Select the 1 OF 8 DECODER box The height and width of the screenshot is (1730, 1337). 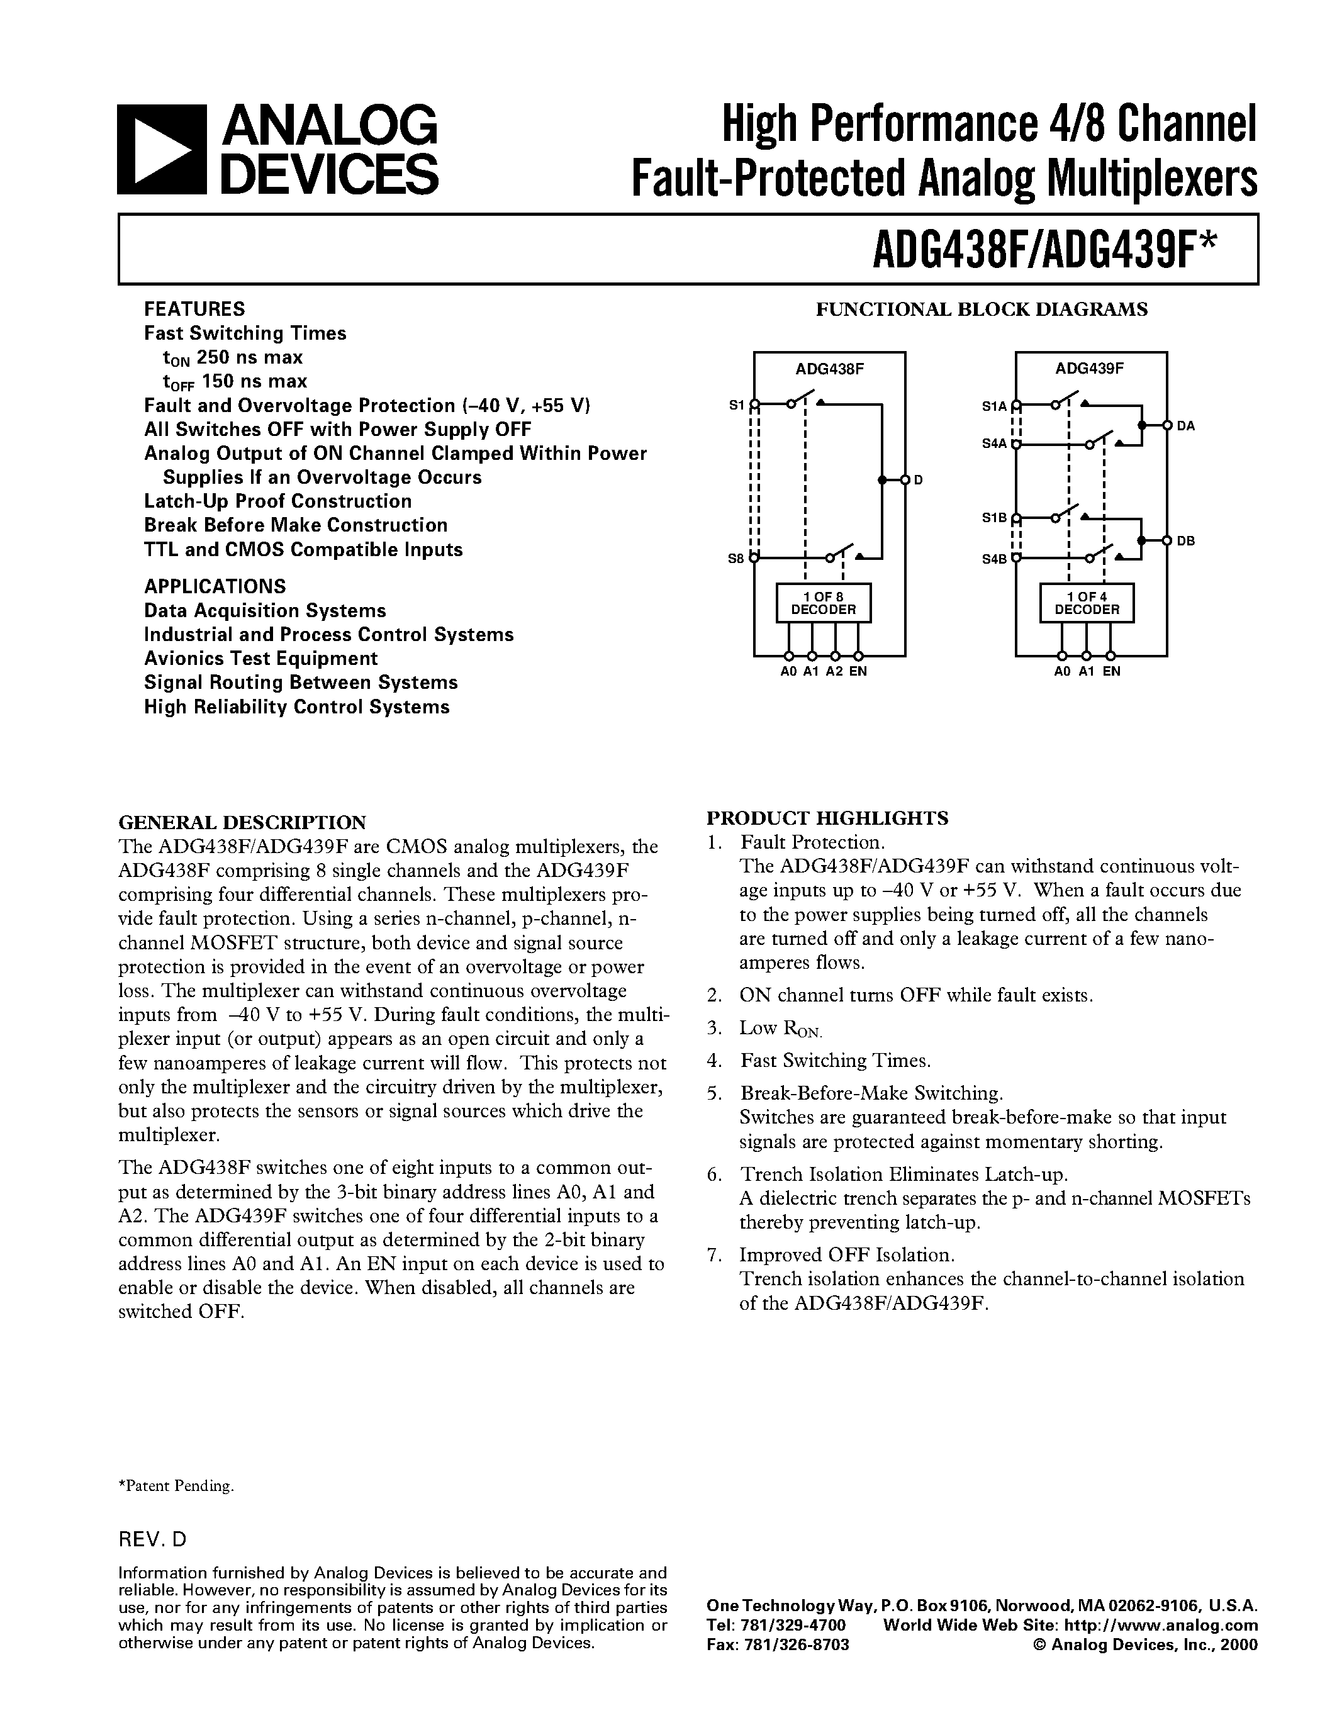click(823, 603)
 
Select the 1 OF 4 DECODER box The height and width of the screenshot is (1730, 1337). click(1086, 603)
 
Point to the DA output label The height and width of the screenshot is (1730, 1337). click(1186, 425)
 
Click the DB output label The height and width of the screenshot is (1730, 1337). click(1186, 541)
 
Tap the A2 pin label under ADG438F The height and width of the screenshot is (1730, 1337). click(835, 671)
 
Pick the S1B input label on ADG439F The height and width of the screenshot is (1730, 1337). click(993, 517)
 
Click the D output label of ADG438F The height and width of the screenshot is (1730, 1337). click(918, 480)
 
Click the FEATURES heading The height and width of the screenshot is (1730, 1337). click(194, 309)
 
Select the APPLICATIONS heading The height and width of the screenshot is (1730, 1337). click(215, 586)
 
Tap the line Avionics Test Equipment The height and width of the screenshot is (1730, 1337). click(260, 658)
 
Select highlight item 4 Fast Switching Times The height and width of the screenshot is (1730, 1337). click(835, 1060)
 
